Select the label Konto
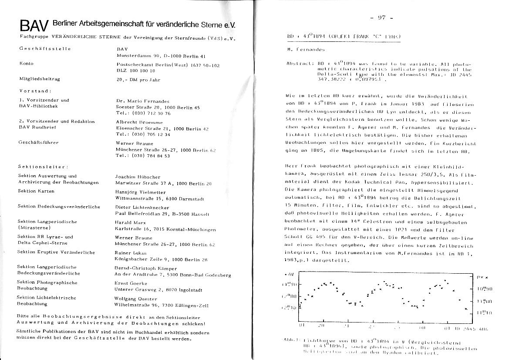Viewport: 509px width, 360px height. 26,64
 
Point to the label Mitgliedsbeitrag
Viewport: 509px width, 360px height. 39,79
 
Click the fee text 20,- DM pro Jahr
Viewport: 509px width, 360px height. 138,80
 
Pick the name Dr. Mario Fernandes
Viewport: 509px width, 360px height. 143,101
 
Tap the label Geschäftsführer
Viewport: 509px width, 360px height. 38,143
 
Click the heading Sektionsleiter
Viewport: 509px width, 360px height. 43,166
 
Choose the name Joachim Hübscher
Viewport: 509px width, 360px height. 138,177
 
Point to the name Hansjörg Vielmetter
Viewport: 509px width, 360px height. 141,192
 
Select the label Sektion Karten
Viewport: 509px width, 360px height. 36,191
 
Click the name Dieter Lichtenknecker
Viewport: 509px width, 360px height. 142,207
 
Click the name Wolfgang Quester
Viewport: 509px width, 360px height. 135,299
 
